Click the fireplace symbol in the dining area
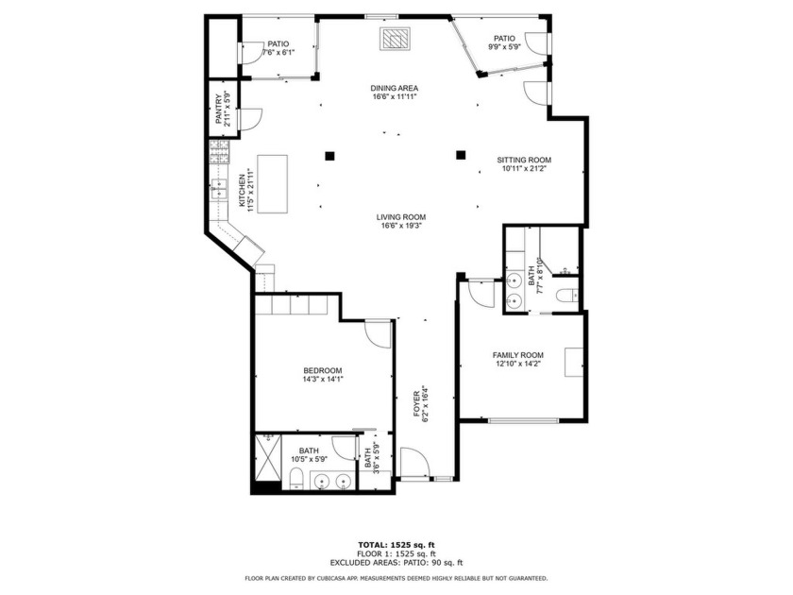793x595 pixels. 395,40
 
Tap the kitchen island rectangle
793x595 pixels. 276,185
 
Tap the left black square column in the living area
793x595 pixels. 329,155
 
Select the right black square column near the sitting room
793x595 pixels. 461,155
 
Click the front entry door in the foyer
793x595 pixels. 413,463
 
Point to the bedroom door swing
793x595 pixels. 377,334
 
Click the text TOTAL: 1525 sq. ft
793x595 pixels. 396,545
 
